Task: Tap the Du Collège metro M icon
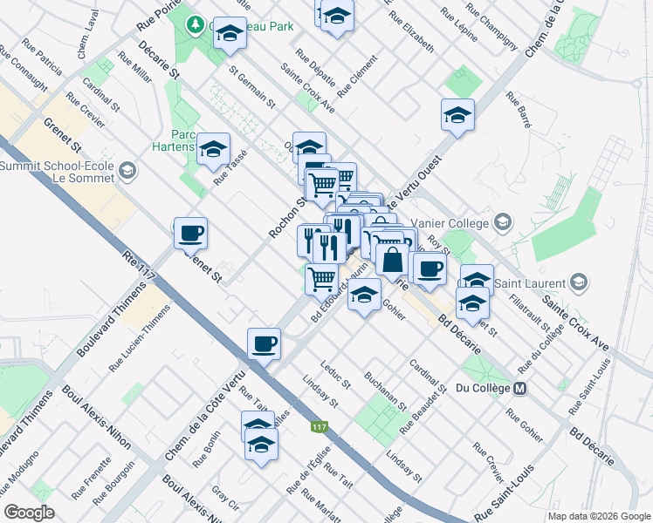[521, 388]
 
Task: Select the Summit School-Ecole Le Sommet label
[57, 171]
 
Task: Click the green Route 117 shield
[320, 427]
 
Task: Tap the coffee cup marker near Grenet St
[190, 234]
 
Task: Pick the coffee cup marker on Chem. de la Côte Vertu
[264, 344]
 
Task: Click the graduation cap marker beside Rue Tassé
[213, 150]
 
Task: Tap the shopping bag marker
[393, 259]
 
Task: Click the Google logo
[30, 513]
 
